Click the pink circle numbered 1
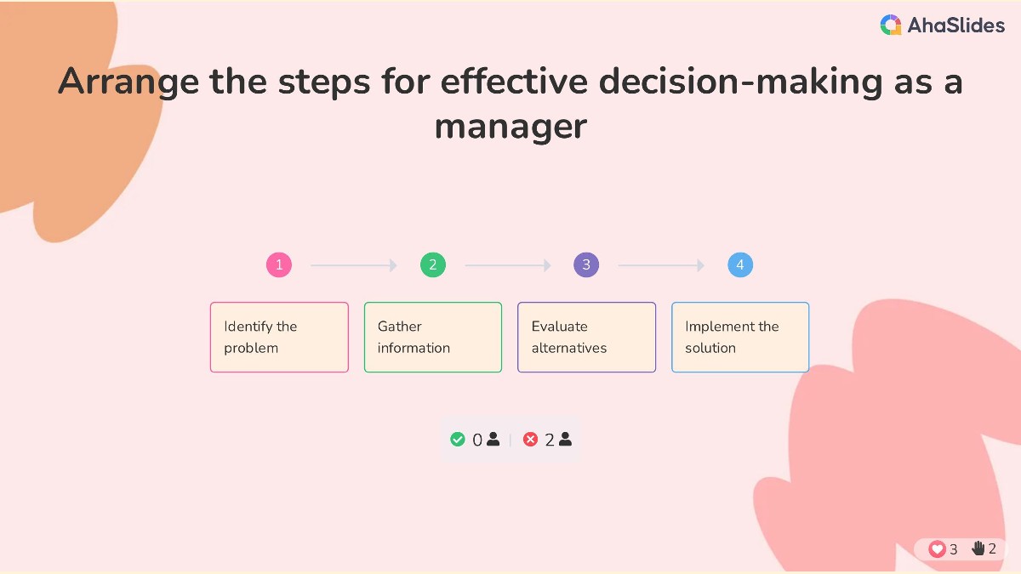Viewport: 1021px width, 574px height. pos(279,264)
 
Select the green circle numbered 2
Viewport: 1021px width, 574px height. pos(433,264)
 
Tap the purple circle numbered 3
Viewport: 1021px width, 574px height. pos(586,264)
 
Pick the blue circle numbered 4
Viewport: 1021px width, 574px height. pos(740,264)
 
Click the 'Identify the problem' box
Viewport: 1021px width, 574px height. pos(279,337)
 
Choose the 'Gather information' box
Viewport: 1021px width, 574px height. pos(433,337)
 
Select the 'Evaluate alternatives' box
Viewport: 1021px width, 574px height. pos(586,337)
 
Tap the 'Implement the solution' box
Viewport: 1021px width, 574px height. pos(740,337)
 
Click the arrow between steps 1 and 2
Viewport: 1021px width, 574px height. pos(354,265)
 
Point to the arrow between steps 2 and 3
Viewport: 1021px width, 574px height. pos(508,265)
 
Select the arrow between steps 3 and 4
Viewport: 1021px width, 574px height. pos(661,265)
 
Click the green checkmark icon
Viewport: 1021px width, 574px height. pos(457,439)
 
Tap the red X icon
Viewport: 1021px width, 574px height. pos(530,439)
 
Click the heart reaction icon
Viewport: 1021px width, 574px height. pos(937,549)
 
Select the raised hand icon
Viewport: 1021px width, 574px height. pos(978,548)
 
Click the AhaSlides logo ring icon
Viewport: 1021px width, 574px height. pos(891,25)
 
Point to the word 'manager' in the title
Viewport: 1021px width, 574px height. pos(510,127)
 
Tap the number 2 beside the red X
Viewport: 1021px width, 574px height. pos(550,440)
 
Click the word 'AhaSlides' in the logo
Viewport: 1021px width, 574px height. pos(955,25)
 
